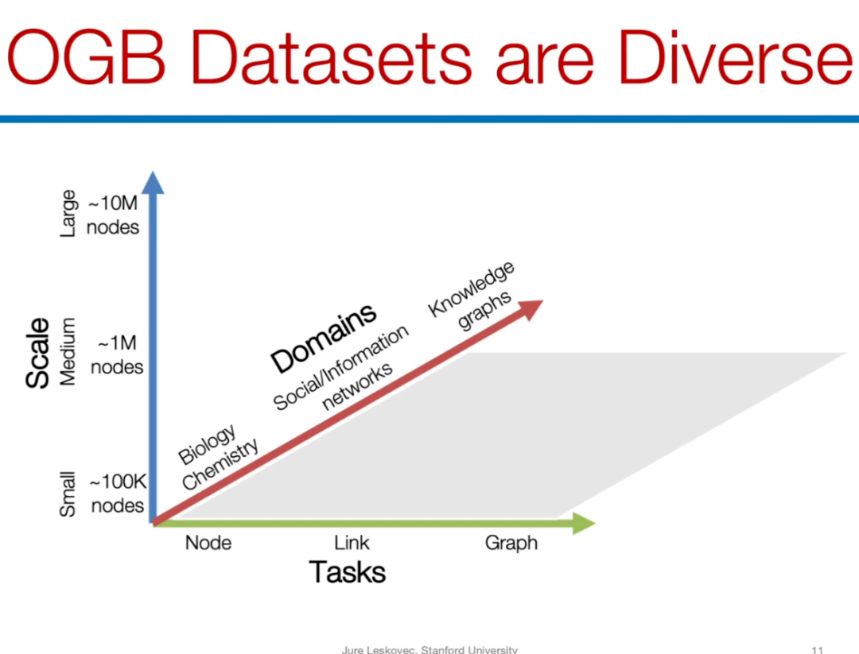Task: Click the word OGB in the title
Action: click(x=86, y=57)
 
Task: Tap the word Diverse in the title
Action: click(x=736, y=57)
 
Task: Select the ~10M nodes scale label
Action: click(x=113, y=215)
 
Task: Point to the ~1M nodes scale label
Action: click(x=117, y=354)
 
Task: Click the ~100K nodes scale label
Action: click(x=118, y=493)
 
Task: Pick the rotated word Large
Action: click(x=68, y=214)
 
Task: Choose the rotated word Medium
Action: click(x=68, y=352)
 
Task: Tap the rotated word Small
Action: click(x=67, y=493)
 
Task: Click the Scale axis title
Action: click(x=38, y=353)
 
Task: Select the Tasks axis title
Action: click(x=348, y=572)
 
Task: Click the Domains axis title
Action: click(x=324, y=338)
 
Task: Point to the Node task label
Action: click(x=208, y=543)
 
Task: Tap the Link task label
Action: click(x=352, y=543)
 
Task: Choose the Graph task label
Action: click(x=511, y=544)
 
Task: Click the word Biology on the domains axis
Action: click(x=208, y=443)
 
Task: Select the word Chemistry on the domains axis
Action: click(x=220, y=465)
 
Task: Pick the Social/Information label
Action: click(x=340, y=367)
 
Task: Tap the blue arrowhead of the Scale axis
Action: click(x=153, y=183)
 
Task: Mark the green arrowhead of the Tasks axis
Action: click(x=584, y=523)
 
